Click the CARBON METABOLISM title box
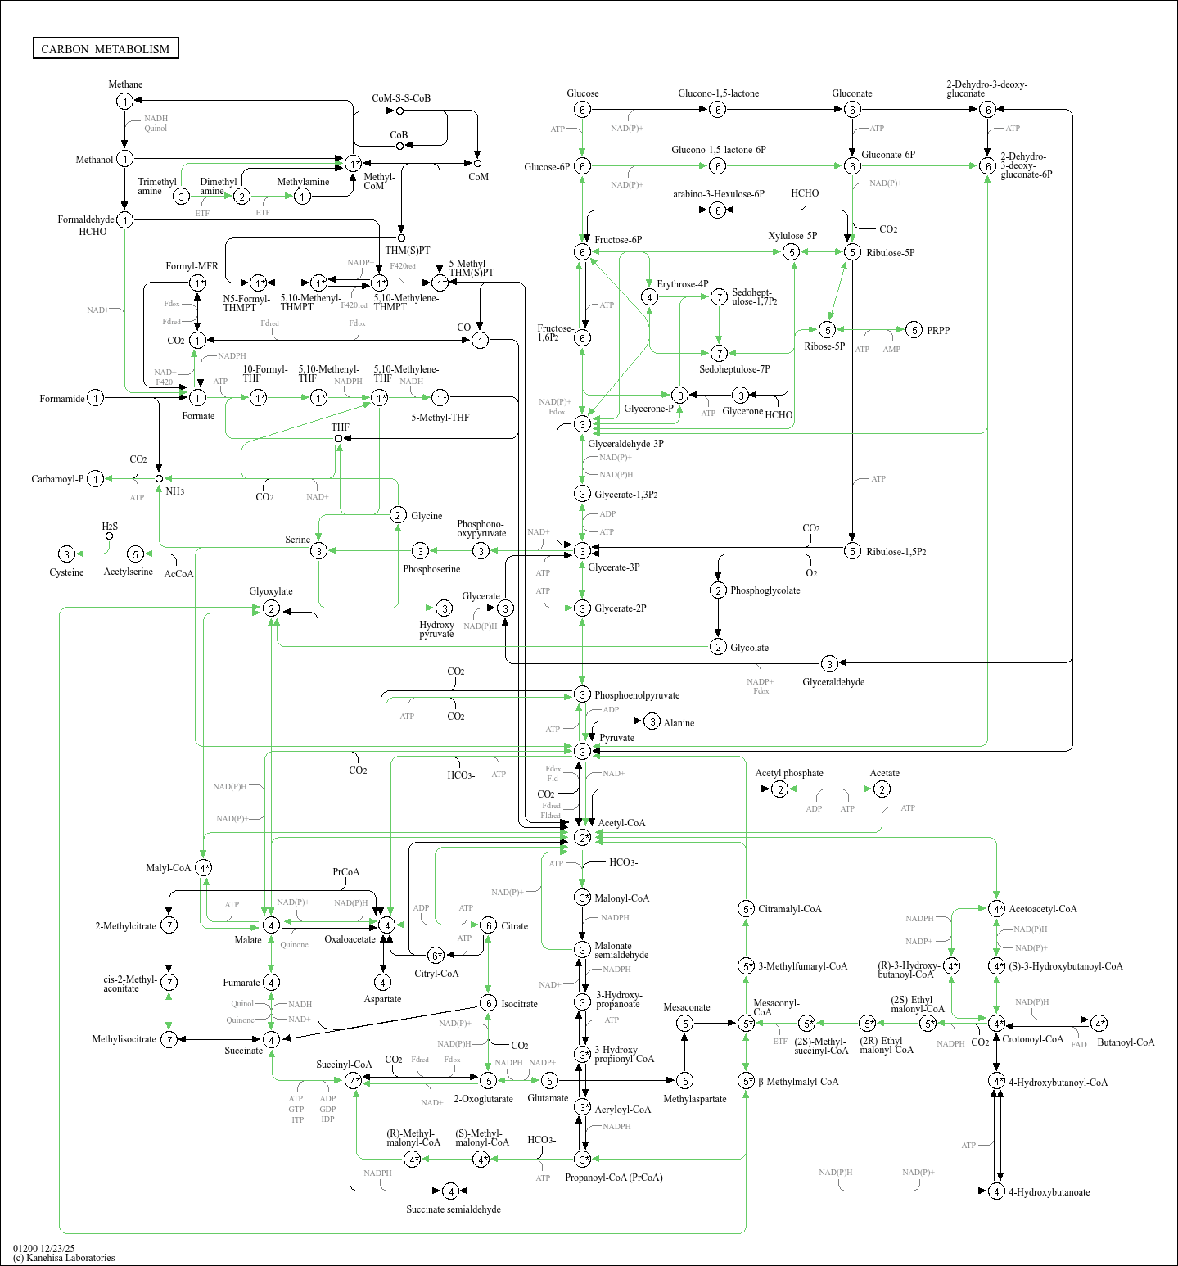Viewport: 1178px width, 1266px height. [x=106, y=48]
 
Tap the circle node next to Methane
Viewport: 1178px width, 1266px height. [x=124, y=101]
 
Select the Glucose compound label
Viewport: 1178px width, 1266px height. [x=582, y=93]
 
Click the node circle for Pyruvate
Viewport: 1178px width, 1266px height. [x=582, y=751]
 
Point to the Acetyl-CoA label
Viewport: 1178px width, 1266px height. [x=621, y=823]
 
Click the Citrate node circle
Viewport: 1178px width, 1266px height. [x=488, y=925]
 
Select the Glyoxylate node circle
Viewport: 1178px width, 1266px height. [x=271, y=608]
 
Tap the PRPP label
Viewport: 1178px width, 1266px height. [x=938, y=331]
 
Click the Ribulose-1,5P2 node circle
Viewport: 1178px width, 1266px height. [x=852, y=551]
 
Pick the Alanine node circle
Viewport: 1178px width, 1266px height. [x=652, y=721]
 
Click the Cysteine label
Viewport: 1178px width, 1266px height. [x=66, y=572]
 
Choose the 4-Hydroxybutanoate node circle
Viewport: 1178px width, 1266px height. [x=996, y=1191]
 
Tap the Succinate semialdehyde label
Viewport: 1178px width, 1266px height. [x=454, y=1209]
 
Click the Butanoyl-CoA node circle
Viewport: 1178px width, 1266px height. [x=1099, y=1023]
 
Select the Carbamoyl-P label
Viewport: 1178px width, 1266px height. [x=57, y=479]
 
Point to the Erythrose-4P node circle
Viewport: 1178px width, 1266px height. [x=649, y=296]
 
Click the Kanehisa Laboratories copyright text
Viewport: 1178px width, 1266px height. [x=64, y=1258]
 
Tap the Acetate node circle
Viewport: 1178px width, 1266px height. [x=882, y=789]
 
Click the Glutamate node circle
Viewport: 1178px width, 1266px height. [x=549, y=1081]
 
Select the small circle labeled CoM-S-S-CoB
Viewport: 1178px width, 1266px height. [x=399, y=111]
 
